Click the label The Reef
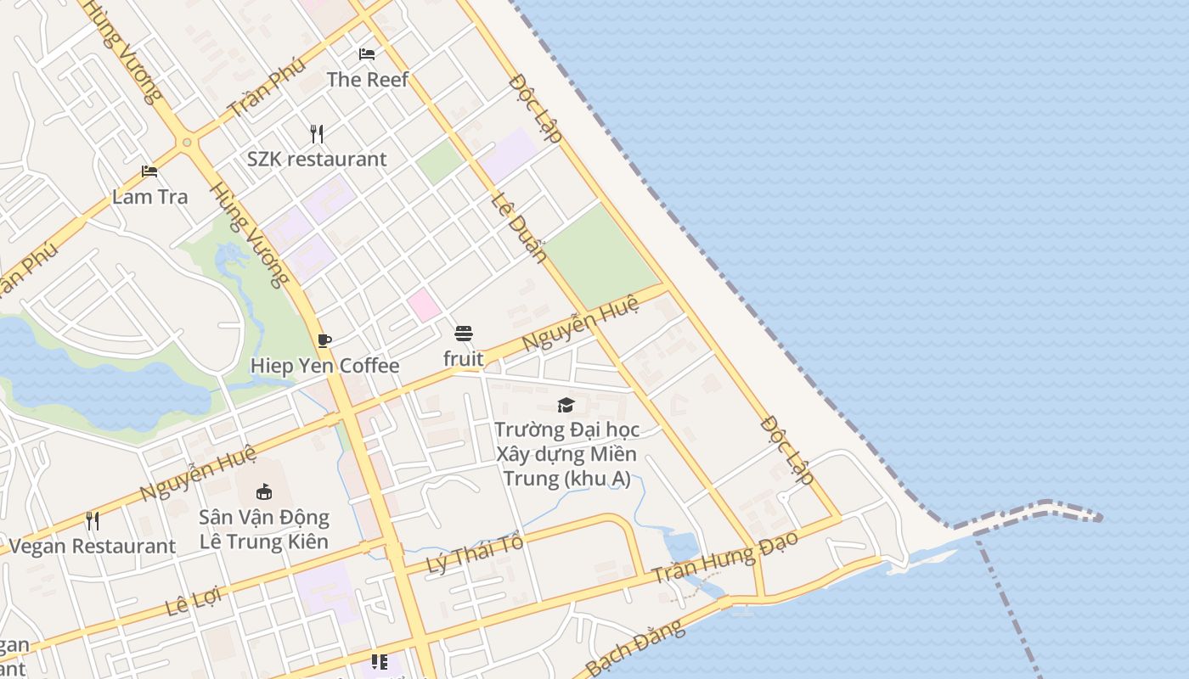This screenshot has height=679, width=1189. coord(368,80)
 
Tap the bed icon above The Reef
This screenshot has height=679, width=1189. coord(367,54)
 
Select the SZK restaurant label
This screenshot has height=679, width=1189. coord(317,160)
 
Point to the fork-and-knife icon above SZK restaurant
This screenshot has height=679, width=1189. coord(317,133)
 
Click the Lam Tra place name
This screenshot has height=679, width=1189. coord(150,197)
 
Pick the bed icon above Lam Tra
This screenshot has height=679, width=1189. coord(149,171)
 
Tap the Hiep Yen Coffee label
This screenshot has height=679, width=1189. coord(324,366)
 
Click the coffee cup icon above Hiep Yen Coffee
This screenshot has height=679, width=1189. coord(324,340)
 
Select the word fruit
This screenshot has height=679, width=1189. coord(464,359)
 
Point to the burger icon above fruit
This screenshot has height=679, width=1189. coord(463,334)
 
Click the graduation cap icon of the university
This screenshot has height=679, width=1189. coord(566,405)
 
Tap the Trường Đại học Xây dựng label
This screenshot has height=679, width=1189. coord(566,454)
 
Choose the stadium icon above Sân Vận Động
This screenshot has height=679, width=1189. coord(264,491)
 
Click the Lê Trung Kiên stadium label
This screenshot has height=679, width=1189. coord(264,529)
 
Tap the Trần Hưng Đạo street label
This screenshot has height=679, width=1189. coord(726,558)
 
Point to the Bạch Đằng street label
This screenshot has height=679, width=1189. coord(634,648)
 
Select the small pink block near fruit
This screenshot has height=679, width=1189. coord(424,305)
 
